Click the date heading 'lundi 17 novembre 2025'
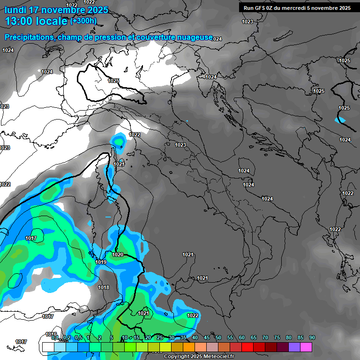[56, 10]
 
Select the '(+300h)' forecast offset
[83, 21]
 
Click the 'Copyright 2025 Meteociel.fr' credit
[199, 357]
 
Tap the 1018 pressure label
[104, 288]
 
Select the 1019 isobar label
[101, 262]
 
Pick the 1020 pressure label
[118, 255]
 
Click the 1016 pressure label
[51, 334]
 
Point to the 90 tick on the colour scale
[312, 338]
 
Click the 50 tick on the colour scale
[218, 338]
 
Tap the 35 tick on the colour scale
[183, 338]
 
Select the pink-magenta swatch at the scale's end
[306, 347]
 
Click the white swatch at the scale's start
[48, 347]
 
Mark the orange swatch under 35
[189, 347]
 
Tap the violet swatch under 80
[294, 347]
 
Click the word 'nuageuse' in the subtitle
[197, 37]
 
